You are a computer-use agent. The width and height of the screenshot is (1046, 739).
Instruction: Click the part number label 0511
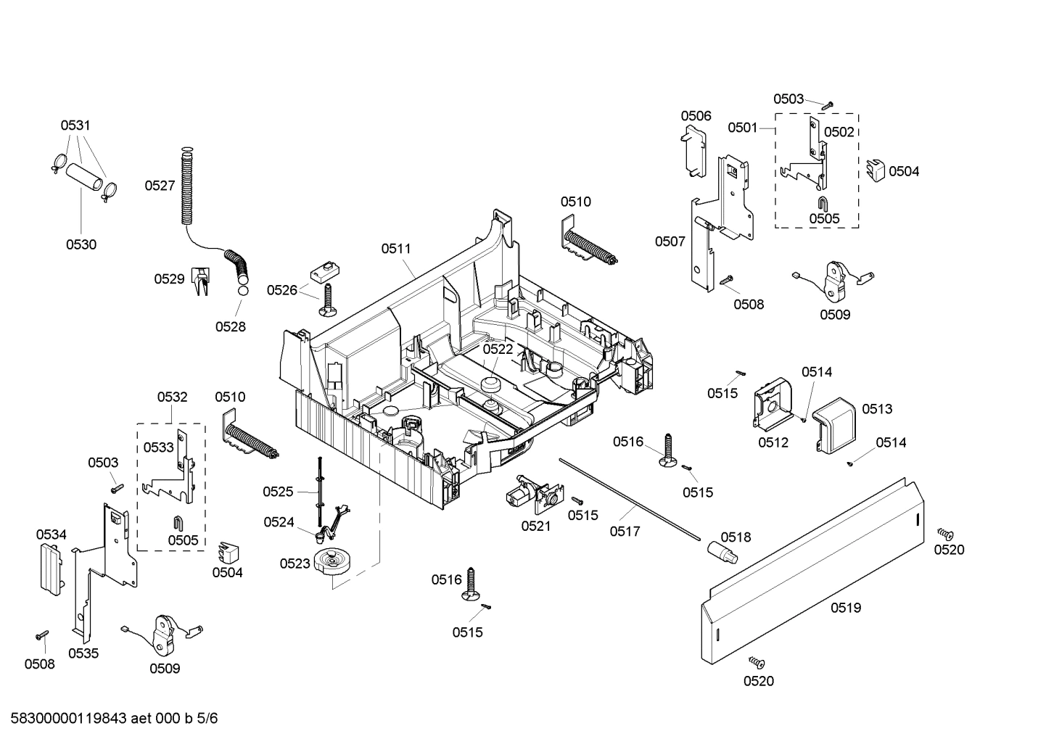[396, 249]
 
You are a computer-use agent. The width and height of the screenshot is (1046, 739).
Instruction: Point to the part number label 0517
[625, 532]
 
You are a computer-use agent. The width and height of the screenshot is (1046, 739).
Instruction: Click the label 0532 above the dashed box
[172, 397]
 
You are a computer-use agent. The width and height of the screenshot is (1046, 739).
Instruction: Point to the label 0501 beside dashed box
[743, 128]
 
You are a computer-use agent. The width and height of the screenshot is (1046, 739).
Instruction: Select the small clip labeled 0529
[200, 280]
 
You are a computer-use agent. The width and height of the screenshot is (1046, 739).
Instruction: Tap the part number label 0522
[498, 349]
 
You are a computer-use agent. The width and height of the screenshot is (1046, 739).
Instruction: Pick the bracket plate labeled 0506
[696, 151]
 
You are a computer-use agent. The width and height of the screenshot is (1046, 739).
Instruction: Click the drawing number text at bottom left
[110, 719]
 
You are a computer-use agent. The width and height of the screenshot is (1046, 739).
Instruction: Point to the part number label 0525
[278, 492]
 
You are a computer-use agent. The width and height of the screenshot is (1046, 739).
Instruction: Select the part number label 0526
[281, 290]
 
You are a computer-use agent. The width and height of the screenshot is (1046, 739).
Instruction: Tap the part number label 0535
[83, 653]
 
